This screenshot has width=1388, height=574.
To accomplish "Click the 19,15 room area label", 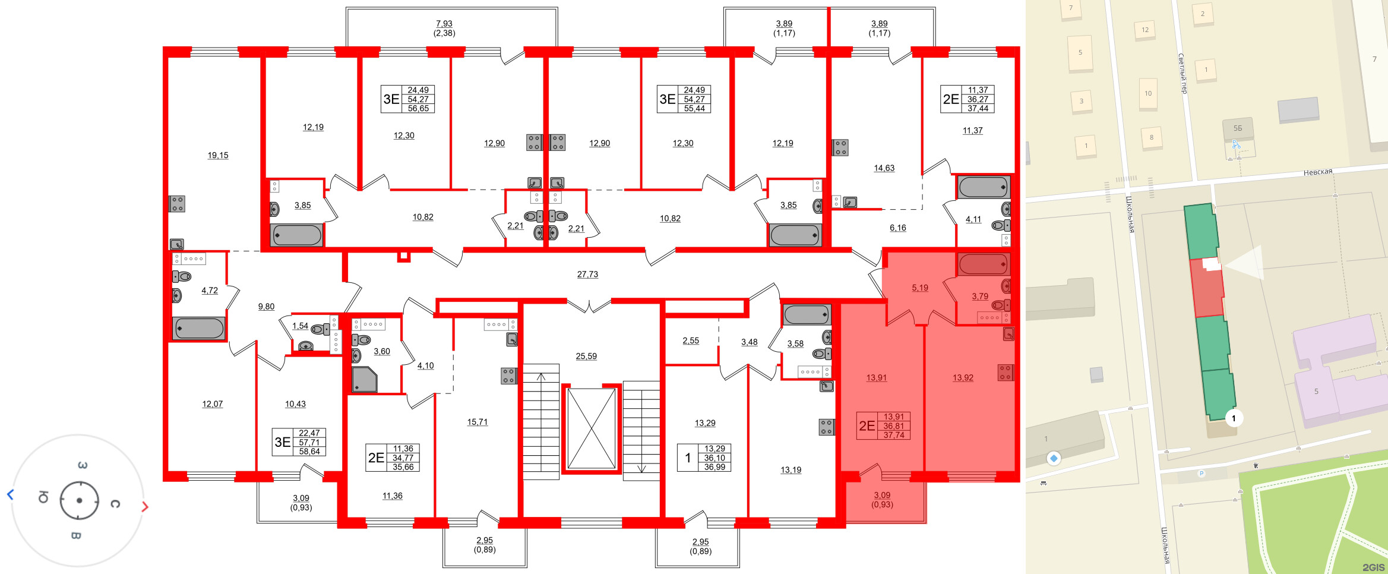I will (217, 155).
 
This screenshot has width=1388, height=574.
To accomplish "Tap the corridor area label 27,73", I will (587, 275).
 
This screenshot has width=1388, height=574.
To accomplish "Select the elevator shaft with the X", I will (591, 428).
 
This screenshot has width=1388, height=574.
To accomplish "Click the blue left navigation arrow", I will (10, 494).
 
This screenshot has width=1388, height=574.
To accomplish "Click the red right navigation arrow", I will (145, 507).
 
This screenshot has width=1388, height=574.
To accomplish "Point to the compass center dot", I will (79, 500).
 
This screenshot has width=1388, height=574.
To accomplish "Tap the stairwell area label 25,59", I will (586, 357).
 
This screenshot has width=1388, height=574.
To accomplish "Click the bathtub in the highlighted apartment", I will (983, 264).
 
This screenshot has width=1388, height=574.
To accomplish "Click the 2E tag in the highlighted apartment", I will (867, 426).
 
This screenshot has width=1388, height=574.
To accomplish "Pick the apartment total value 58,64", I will (309, 452).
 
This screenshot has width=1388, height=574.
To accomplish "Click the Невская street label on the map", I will (1317, 172).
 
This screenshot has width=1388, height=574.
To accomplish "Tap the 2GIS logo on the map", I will (1373, 567).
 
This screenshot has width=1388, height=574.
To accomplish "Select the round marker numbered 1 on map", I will (1233, 418).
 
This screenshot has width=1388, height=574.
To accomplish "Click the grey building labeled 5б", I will (1238, 128).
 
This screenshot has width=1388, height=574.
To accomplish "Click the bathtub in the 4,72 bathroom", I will (199, 328).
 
